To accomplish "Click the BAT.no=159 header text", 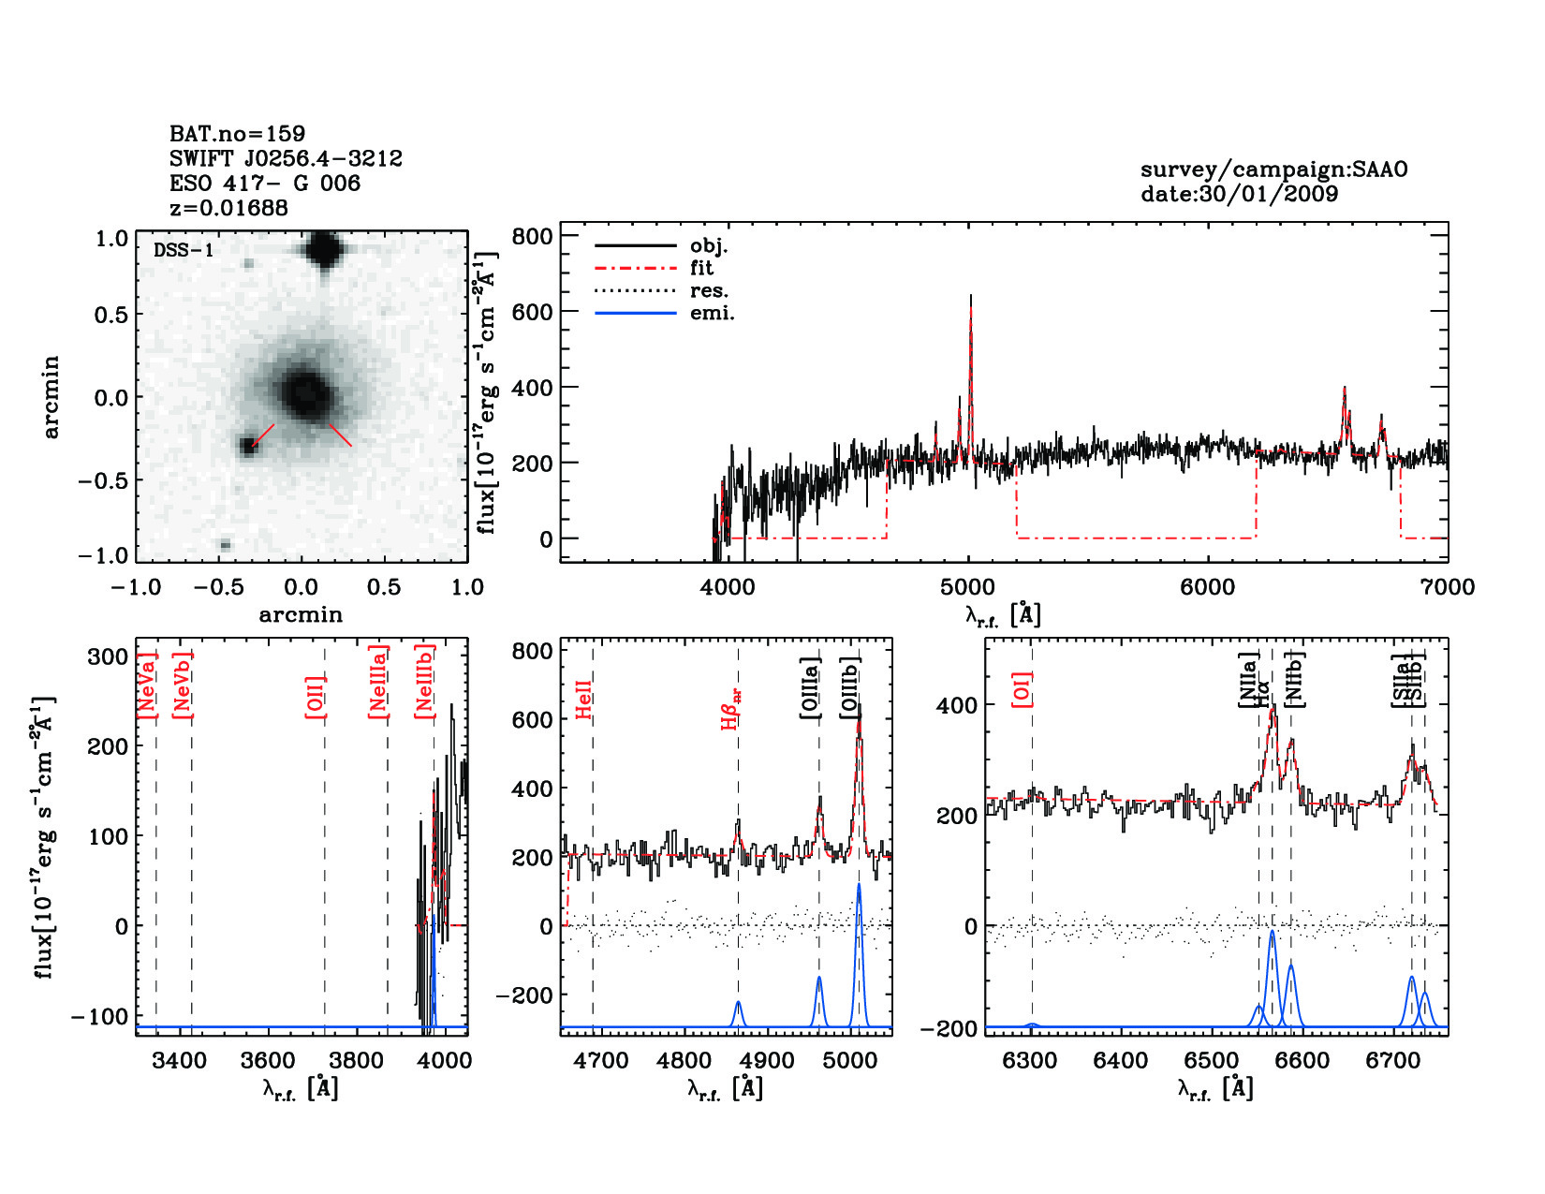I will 237,134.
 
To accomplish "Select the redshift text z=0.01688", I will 228,208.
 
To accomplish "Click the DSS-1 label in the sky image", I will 183,250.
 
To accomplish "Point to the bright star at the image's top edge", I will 323,250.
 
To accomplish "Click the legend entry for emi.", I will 713,313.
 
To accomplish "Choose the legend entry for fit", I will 701,268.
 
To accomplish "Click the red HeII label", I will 584,700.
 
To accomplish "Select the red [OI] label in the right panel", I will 1023,689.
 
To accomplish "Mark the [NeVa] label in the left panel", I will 147,685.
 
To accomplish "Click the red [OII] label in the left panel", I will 316,696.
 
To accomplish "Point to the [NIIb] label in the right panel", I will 1294,679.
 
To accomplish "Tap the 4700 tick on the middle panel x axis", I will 601,1061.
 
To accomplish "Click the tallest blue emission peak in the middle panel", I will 859,885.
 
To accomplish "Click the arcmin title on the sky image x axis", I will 301,615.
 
